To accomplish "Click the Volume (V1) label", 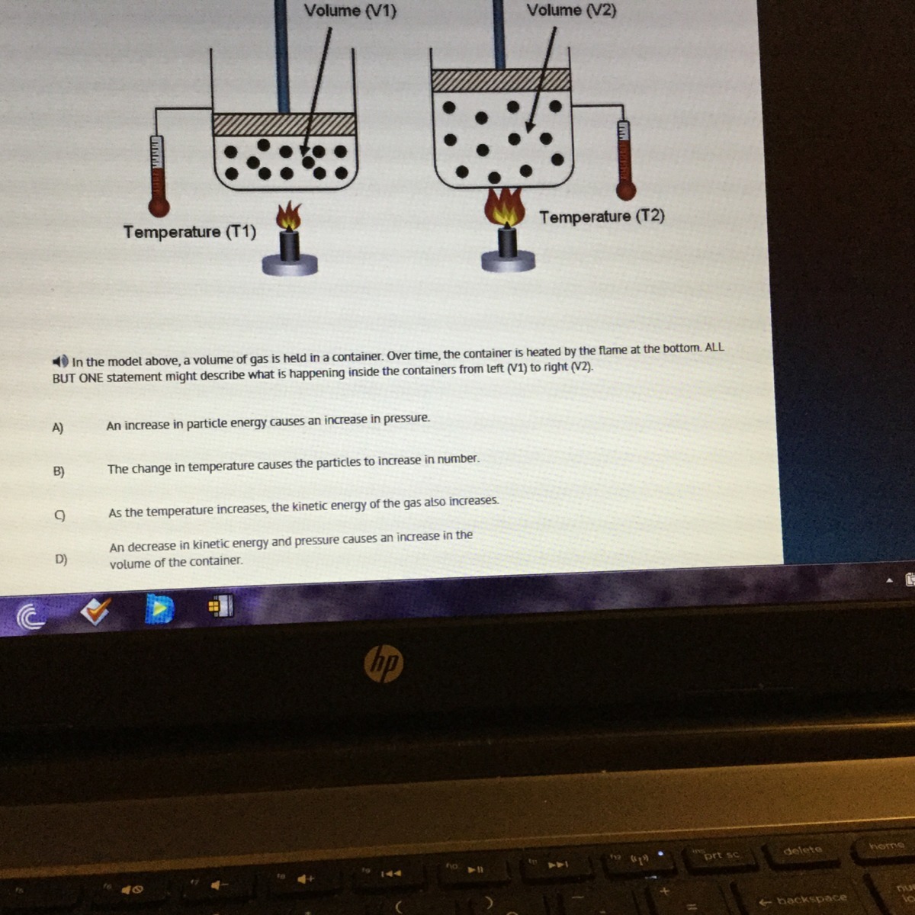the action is click(350, 11).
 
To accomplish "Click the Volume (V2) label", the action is click(571, 9).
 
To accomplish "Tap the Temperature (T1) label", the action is click(189, 233).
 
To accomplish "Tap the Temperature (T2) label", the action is click(602, 217).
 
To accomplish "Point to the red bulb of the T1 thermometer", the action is click(159, 207).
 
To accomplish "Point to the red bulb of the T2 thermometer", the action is click(626, 191).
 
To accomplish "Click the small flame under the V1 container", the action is click(289, 216).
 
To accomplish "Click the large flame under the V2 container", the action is click(505, 207).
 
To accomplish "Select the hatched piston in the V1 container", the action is click(284, 124).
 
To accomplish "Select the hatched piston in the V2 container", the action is click(501, 80).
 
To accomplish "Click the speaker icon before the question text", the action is click(60, 361).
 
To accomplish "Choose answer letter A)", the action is click(57, 428).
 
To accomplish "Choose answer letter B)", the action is click(59, 471).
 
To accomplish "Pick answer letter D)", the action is click(61, 559).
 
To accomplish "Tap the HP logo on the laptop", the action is click(384, 663).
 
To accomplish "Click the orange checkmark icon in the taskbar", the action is click(95, 610).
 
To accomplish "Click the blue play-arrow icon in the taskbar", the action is click(159, 608).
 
